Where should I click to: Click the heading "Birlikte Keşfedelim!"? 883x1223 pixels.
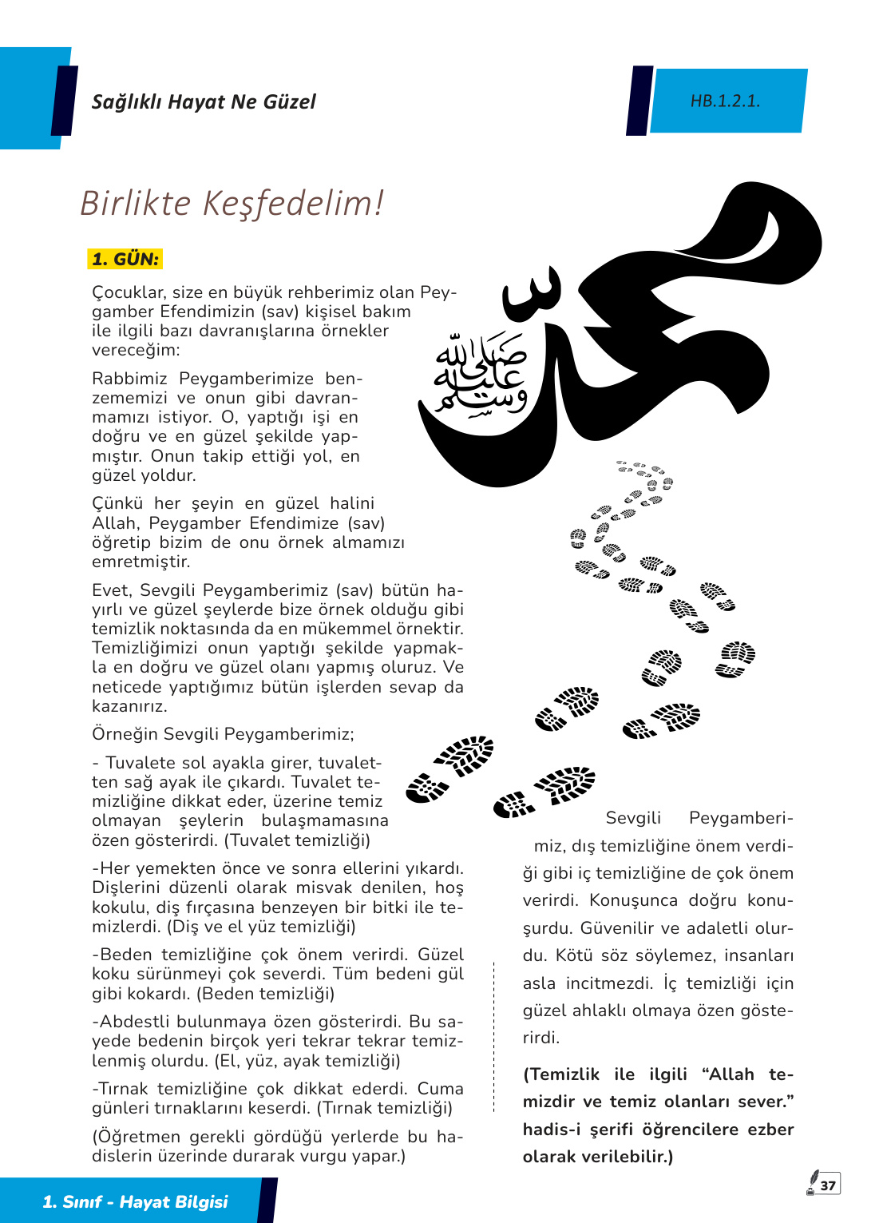point(232,203)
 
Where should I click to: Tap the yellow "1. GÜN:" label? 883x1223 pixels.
point(125,259)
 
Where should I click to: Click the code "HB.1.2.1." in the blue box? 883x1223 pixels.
point(725,101)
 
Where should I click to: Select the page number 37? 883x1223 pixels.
point(828,1185)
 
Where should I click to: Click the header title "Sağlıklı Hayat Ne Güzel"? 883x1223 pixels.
point(204,102)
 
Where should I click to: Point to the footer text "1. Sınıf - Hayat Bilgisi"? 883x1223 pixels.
point(135,1201)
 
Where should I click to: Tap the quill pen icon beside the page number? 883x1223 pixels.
point(812,1182)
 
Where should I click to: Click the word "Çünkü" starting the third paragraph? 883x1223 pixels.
point(117,503)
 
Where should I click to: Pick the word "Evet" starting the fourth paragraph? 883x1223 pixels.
point(111,590)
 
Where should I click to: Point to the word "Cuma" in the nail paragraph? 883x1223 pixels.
point(440,1089)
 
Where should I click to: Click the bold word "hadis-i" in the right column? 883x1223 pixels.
point(551,1130)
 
